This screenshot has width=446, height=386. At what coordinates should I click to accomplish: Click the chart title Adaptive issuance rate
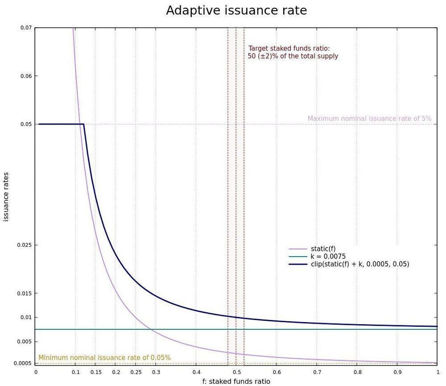coord(236,11)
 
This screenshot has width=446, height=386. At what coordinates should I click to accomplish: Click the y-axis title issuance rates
coord(6,196)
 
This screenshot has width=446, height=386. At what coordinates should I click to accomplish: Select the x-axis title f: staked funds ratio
coord(236,381)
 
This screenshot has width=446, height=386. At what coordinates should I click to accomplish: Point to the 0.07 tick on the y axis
coord(26,28)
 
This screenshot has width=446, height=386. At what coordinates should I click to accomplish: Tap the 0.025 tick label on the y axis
coord(25,245)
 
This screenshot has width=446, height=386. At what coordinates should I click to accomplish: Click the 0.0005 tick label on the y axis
coord(23,363)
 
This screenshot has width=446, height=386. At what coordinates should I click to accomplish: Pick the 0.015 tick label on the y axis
coord(25,293)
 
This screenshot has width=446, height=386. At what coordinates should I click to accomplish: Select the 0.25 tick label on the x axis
coord(136,372)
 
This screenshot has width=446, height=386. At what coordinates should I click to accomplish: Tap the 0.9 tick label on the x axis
coord(397,372)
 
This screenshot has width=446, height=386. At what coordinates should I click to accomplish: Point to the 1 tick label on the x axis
coord(438,372)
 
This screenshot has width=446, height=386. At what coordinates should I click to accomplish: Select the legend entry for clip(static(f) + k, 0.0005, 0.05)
coord(359,264)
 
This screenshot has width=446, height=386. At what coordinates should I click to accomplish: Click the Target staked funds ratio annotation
coord(293,52)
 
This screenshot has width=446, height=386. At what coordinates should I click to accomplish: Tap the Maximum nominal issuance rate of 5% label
coord(369,119)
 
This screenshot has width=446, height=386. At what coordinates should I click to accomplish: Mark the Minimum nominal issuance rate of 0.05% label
coord(104,358)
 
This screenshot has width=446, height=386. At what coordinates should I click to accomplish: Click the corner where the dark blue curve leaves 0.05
coord(84,124)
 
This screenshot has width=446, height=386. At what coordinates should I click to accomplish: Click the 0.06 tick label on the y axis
coord(26,76)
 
